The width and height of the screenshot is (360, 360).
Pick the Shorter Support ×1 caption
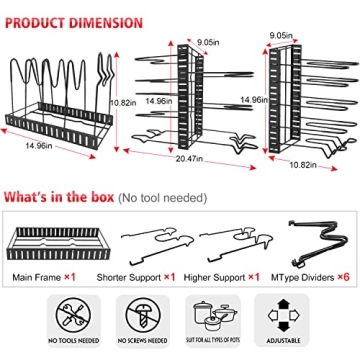point(144,274)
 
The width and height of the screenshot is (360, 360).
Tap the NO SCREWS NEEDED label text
point(140,341)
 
